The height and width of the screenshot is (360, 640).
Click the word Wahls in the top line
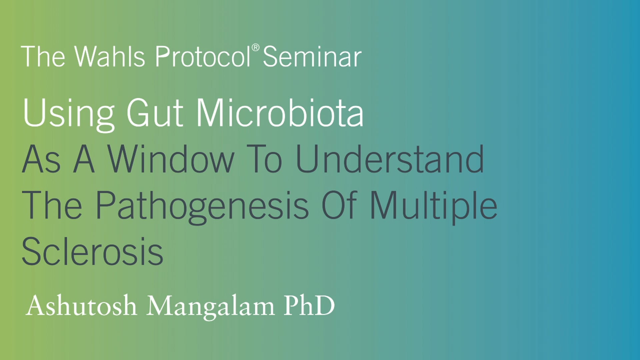pos(109,57)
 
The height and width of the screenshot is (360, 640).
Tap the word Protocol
pos(203,57)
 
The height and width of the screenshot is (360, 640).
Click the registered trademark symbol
pos(255,48)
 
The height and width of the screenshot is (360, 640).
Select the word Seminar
pos(312,57)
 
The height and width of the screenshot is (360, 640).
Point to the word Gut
pos(155,113)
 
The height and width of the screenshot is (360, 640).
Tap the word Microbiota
pos(279,113)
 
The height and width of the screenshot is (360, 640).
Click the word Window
pos(171,159)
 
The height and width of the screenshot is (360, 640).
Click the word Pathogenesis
pos(202,206)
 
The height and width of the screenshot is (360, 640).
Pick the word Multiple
pos(433,206)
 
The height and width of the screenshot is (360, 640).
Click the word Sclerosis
pos(92,252)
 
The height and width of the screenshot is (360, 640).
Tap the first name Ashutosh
pos(81,306)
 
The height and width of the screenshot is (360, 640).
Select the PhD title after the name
pos(309,306)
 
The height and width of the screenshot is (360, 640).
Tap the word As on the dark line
pos(41,159)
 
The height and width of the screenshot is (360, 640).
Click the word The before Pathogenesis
pos(52,206)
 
